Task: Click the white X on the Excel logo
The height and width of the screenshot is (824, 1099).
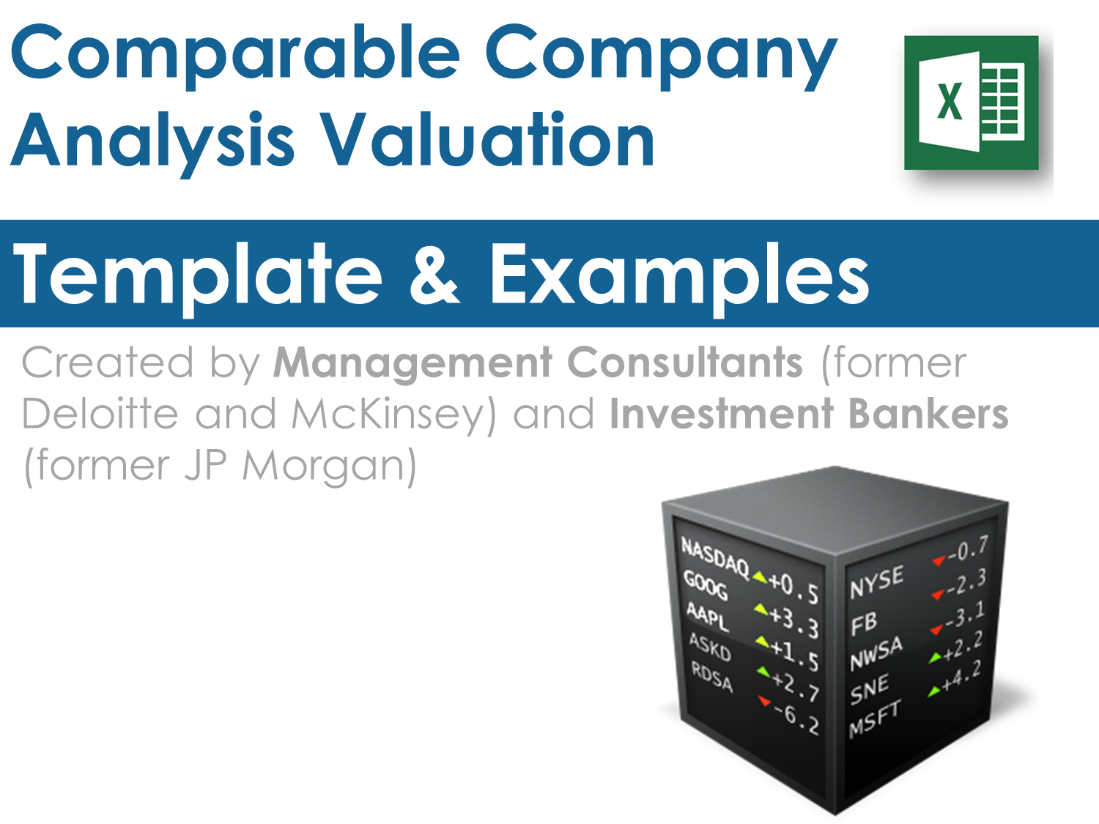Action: pos(950,102)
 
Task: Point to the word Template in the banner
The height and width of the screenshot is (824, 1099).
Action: pos(198,278)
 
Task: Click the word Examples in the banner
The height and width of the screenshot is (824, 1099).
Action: pos(679,278)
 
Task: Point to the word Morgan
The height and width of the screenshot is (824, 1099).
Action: pos(330,468)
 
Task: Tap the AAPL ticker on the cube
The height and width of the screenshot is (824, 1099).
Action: pos(707,617)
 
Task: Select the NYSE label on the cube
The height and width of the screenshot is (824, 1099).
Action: pos(876,581)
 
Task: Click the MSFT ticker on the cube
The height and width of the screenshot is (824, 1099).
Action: pos(875,719)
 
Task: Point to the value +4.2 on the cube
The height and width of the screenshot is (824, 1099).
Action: pos(961,676)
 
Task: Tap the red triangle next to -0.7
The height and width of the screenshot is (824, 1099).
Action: pos(939,560)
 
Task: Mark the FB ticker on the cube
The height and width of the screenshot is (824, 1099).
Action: pos(864,623)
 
